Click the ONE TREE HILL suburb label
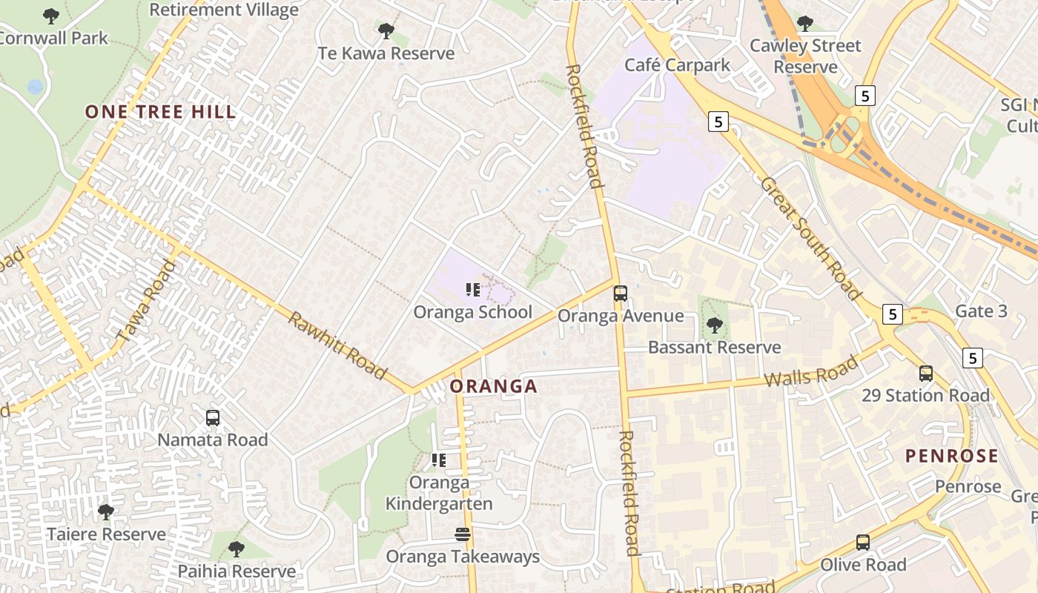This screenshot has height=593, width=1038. pyautogui.click(x=160, y=112)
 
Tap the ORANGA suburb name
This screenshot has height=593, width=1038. pyautogui.click(x=494, y=386)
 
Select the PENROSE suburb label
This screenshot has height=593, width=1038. pyautogui.click(x=952, y=455)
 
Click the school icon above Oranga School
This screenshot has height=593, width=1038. pyautogui.click(x=473, y=290)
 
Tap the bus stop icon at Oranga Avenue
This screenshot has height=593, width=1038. pyautogui.click(x=621, y=294)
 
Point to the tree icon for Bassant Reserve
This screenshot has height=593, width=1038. pyautogui.click(x=715, y=325)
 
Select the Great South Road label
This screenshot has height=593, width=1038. pyautogui.click(x=811, y=237)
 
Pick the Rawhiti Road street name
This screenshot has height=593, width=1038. pyautogui.click(x=337, y=345)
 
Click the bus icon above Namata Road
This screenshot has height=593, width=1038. pyautogui.click(x=213, y=418)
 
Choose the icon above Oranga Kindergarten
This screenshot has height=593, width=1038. pyautogui.click(x=439, y=460)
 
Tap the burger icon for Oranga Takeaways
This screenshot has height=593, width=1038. pyautogui.click(x=463, y=534)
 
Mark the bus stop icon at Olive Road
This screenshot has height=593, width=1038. pyautogui.click(x=863, y=543)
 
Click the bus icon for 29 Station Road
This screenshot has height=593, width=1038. pyautogui.click(x=926, y=374)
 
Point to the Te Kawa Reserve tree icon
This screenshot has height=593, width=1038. pyautogui.click(x=386, y=31)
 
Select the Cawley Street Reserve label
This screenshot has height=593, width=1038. pyautogui.click(x=805, y=56)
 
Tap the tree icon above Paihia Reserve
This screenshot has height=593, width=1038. pyautogui.click(x=237, y=549)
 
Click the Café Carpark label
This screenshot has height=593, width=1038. pyautogui.click(x=677, y=65)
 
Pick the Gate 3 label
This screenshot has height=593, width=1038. pyautogui.click(x=981, y=311)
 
